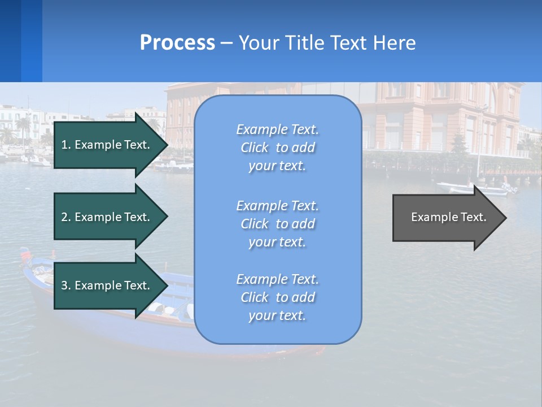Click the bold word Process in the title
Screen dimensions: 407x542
coord(177,43)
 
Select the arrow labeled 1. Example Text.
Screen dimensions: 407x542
coord(107,145)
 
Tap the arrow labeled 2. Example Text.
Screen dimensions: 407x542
coord(107,217)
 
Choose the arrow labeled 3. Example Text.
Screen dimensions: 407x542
coord(107,285)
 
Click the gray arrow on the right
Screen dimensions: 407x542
coord(446,218)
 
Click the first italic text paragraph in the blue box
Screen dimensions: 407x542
coord(277,148)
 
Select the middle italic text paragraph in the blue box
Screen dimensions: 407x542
coord(277,224)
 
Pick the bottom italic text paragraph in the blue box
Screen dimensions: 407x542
coord(277,297)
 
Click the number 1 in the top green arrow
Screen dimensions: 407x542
coord(64,145)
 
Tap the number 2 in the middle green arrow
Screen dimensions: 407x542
coord(64,217)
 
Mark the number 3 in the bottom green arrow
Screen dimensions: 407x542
coord(64,285)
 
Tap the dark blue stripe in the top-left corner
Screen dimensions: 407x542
coord(10,41)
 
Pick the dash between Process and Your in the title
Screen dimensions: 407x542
coord(227,43)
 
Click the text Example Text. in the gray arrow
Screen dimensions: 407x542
coord(448,217)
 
